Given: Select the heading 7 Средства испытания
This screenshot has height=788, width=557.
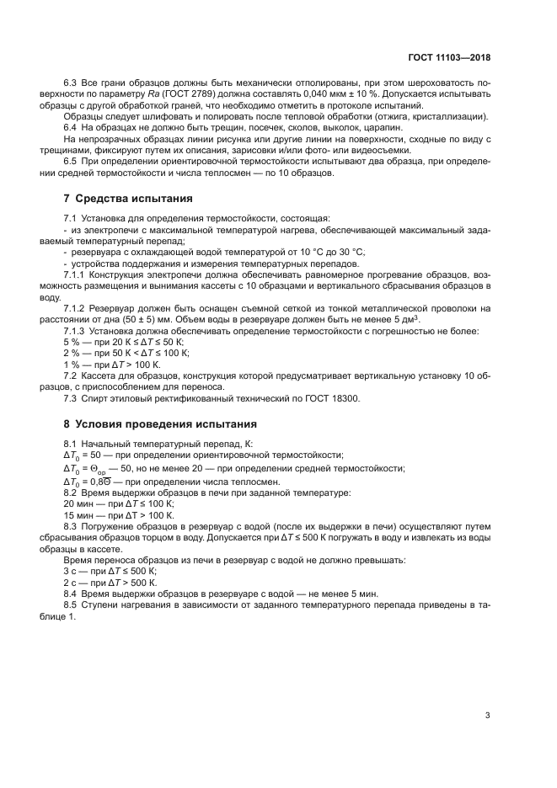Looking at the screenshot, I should [128, 199].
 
